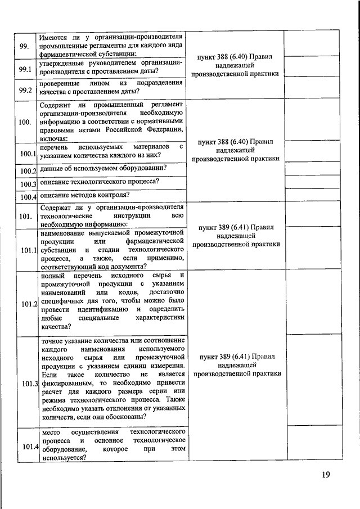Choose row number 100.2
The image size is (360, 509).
[28, 170]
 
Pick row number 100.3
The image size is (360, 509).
[28, 184]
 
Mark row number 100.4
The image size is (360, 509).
[28, 196]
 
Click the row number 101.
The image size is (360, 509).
[25, 216]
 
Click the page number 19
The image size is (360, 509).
[325, 475]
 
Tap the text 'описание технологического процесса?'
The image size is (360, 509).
[100, 182]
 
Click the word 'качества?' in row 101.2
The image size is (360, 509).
[56, 326]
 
